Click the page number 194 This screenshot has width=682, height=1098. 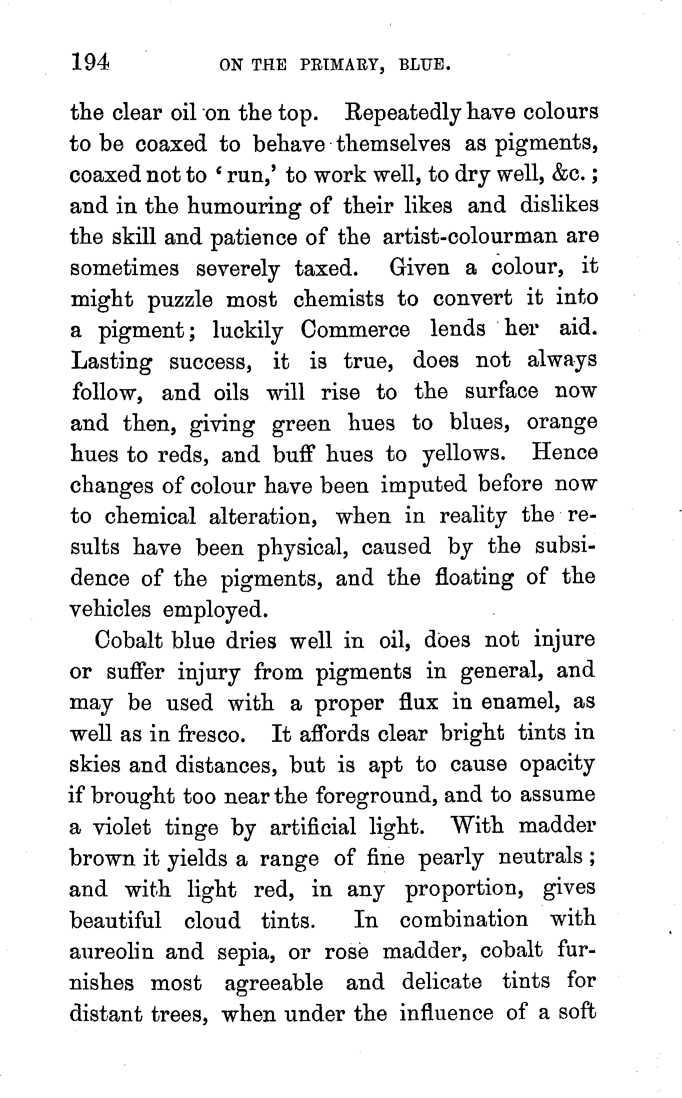90,64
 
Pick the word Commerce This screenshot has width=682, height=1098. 355,330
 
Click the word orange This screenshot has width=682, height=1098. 561,424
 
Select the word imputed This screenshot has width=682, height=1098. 423,485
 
